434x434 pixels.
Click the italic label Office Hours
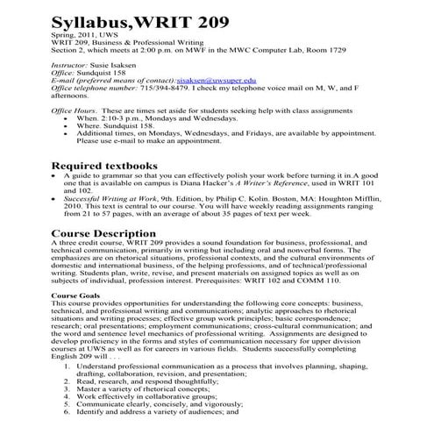(75, 110)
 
